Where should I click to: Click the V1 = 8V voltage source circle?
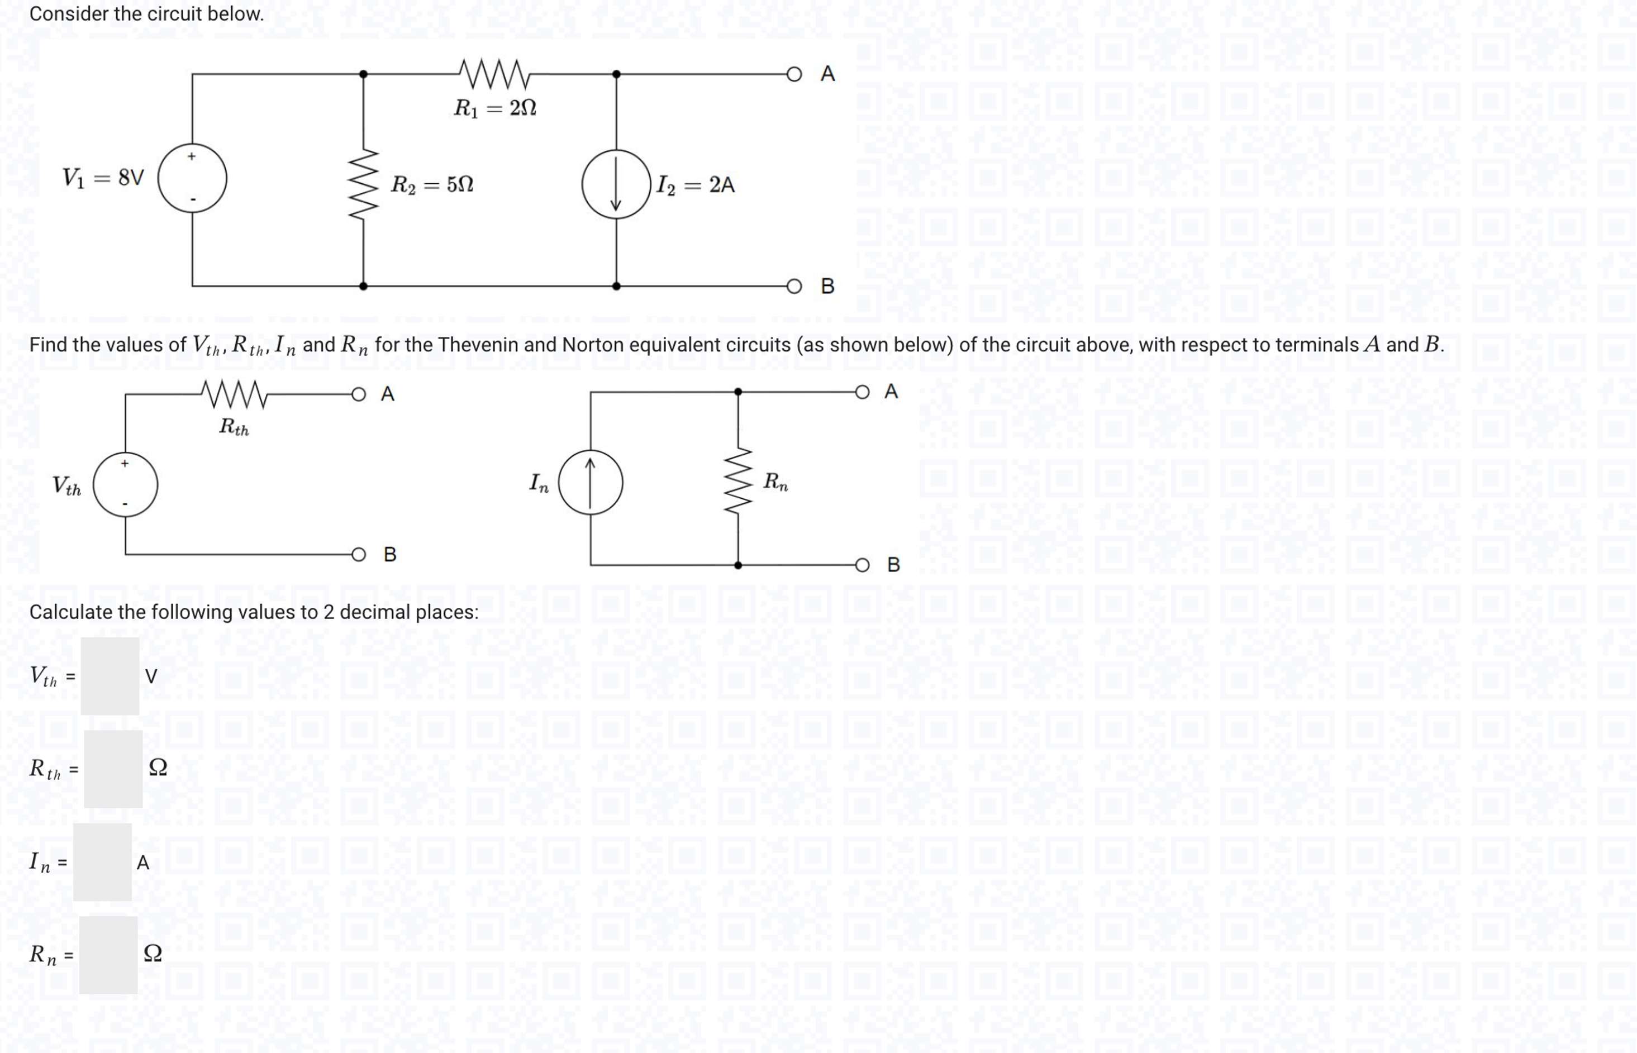click(192, 178)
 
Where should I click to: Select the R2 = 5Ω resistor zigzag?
click(363, 184)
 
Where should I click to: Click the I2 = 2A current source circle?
click(616, 184)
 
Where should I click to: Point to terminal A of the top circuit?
click(794, 74)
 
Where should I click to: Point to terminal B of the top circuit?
click(794, 286)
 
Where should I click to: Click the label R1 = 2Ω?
click(495, 108)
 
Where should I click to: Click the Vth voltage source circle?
click(125, 484)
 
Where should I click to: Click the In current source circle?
click(591, 483)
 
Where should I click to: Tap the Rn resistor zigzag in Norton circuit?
click(738, 482)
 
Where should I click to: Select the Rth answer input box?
click(113, 769)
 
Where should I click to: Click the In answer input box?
click(103, 861)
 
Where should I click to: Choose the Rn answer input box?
click(108, 955)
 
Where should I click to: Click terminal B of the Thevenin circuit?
click(359, 554)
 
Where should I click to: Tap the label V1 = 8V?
click(103, 178)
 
